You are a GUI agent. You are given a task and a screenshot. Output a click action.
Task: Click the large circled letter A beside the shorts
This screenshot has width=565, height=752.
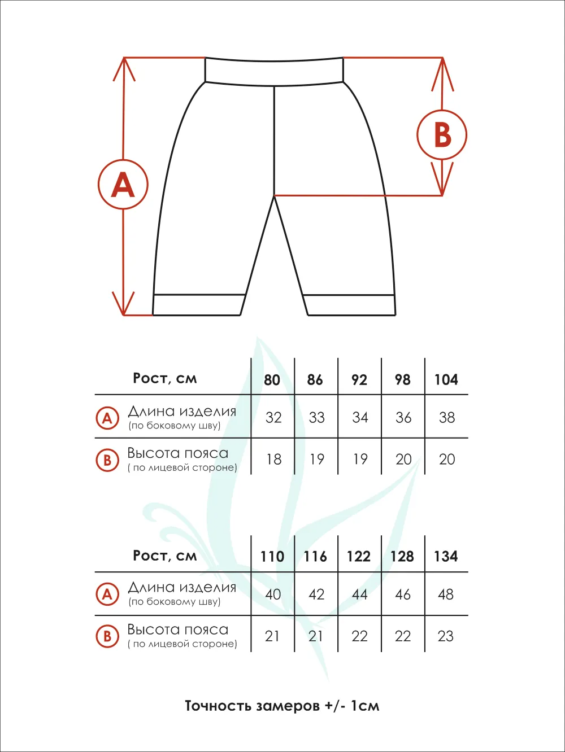[x=123, y=185]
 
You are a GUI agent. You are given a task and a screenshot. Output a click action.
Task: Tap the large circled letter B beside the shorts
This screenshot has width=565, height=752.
[x=442, y=135]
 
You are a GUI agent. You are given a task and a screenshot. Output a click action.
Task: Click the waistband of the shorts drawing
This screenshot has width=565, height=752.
[x=274, y=72]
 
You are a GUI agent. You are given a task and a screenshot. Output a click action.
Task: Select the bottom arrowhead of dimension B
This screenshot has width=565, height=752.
[x=442, y=181]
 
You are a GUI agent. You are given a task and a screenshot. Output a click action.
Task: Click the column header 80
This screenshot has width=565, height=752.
[x=272, y=380]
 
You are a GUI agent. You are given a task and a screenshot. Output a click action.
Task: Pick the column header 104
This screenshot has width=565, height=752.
[x=446, y=380]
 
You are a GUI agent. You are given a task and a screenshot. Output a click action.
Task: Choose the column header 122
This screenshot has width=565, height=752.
[x=359, y=557]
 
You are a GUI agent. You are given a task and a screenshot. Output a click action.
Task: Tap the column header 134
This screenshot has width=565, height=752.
[x=446, y=557]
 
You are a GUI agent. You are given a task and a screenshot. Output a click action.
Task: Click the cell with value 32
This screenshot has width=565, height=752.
[x=273, y=418]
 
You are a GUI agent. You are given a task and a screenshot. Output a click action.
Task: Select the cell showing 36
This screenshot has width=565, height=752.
[x=403, y=418]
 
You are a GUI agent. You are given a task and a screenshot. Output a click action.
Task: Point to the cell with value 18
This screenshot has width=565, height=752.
[x=273, y=460]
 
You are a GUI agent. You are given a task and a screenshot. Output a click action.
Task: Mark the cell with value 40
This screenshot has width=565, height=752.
[x=273, y=594]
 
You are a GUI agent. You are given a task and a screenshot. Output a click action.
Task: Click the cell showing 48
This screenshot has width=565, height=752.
[x=446, y=594]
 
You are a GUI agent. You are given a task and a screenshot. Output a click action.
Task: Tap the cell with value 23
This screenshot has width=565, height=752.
[x=446, y=636]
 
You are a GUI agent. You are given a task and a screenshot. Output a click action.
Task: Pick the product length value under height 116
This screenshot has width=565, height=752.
[x=316, y=594]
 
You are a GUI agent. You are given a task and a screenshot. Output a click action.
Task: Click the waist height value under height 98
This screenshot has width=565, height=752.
[x=403, y=460]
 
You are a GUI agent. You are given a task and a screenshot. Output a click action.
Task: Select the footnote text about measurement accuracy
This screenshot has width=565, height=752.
[x=282, y=706]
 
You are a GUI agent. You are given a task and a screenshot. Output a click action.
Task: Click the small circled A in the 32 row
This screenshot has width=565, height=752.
[x=107, y=418]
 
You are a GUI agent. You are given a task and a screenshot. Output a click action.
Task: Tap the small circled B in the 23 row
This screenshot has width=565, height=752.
[x=107, y=636]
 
